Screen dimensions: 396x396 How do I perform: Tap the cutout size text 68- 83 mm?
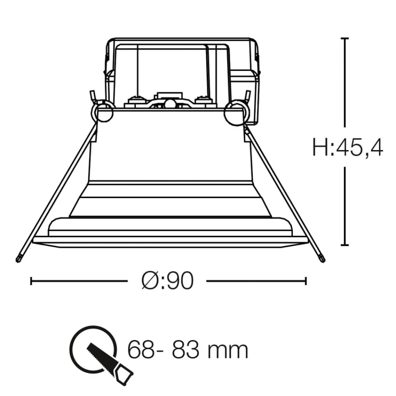click(x=188, y=350)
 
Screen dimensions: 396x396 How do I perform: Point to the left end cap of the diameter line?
click(x=31, y=281)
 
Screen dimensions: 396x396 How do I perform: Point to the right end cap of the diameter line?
click(x=305, y=281)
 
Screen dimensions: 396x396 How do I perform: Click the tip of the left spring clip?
click(x=18, y=259)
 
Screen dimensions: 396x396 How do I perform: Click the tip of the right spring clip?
click(x=322, y=259)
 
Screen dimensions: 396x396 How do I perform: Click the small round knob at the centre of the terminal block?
click(x=169, y=104)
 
